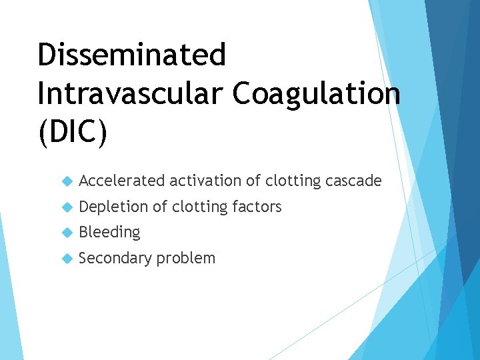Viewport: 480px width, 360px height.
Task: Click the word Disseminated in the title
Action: point(131,55)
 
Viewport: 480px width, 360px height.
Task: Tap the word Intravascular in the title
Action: point(131,94)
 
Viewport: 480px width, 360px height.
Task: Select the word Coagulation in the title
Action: point(317,94)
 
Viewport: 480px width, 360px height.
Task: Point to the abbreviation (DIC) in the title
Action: point(72,133)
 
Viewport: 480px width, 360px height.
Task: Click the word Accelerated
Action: point(122,181)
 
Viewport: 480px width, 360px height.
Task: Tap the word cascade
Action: point(354,181)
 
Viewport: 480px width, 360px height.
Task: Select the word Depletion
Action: point(113,207)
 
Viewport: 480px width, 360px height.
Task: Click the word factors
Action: point(256,207)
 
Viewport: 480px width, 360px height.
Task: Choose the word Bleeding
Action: point(109,233)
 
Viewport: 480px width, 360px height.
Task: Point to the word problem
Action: point(186,259)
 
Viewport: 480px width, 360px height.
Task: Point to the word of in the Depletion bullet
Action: point(159,207)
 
